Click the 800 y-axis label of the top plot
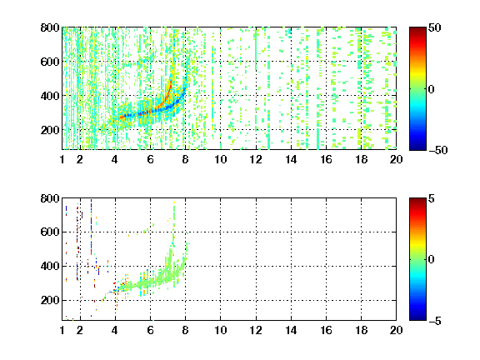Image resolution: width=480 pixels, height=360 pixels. point(50,27)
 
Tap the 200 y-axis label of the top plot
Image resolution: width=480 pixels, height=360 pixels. point(50,130)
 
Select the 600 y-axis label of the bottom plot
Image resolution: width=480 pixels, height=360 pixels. point(50,232)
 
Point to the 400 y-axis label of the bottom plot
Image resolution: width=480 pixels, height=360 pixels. point(50,266)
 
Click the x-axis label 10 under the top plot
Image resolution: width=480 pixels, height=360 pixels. point(220,159)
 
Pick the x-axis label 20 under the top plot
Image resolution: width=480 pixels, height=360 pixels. point(396,159)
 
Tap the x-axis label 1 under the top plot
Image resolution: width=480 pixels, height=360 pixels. point(62,159)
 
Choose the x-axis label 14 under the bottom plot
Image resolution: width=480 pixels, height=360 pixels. point(291,330)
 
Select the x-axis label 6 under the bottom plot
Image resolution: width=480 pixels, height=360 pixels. point(150,330)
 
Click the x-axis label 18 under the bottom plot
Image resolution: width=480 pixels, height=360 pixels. point(361,330)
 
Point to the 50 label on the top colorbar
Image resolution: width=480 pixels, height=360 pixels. point(434,27)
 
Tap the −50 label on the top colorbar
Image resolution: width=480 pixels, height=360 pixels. point(437,150)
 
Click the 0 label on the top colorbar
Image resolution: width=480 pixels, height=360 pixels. point(431,89)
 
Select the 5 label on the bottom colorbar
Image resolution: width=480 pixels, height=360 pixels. point(432,198)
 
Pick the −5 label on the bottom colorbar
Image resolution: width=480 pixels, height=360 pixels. point(434,321)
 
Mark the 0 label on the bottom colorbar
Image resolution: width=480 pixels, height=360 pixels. point(431,260)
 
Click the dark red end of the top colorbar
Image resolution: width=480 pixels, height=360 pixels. point(417,29)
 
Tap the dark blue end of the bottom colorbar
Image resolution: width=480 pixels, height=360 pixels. point(417,318)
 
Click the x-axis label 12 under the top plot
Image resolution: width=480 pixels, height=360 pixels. point(256,159)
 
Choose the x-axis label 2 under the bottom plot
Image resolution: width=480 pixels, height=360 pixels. point(80,330)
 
